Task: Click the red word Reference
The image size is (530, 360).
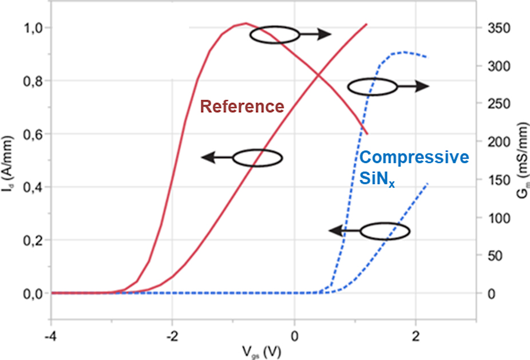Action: [242, 106]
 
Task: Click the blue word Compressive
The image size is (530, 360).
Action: [415, 157]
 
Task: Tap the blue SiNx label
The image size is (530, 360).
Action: [377, 179]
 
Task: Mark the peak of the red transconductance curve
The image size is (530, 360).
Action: [245, 23]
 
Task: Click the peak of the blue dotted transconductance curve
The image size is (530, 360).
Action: [404, 52]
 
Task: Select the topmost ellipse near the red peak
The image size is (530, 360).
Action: [275, 34]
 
